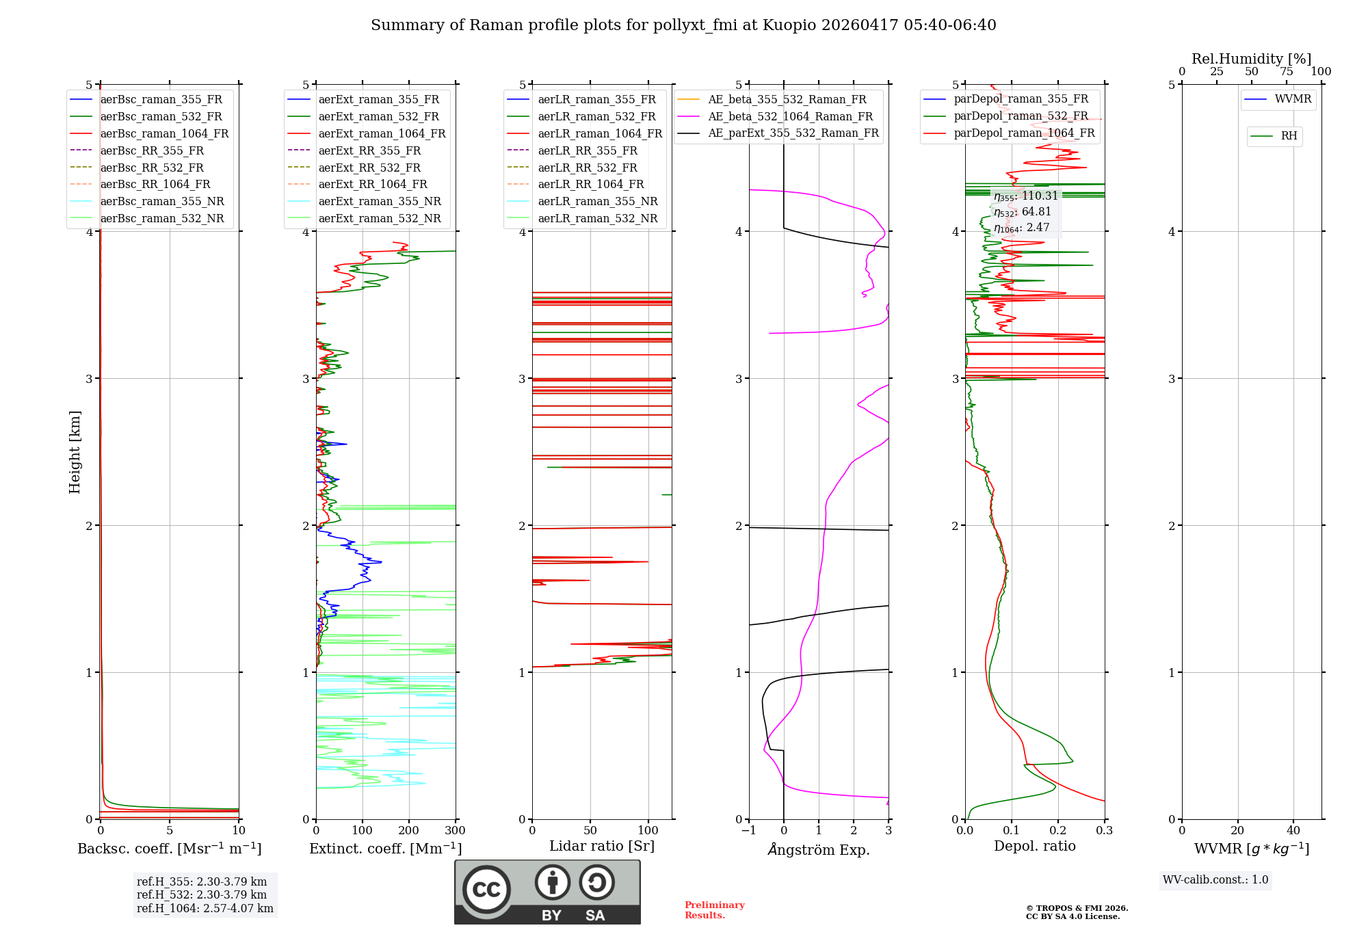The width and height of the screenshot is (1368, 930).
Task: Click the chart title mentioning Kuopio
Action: (683, 25)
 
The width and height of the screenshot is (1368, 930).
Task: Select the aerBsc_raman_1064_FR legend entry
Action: (164, 133)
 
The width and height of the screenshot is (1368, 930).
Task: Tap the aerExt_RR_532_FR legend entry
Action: (369, 168)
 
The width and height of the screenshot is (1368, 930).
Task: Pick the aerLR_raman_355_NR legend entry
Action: (597, 201)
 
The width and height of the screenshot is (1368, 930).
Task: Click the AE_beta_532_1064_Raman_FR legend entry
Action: (790, 116)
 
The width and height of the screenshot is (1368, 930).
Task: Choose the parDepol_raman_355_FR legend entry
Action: (1021, 99)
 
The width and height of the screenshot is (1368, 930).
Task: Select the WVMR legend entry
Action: (1293, 99)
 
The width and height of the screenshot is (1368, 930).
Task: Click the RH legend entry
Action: (1289, 136)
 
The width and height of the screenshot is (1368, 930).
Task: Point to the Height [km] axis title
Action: (75, 451)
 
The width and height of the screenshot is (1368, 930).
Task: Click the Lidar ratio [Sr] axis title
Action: (602, 846)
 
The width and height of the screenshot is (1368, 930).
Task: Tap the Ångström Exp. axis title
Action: (819, 849)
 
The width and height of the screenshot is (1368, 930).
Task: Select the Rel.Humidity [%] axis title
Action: (1251, 59)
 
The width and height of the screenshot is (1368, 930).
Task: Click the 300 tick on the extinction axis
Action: (455, 830)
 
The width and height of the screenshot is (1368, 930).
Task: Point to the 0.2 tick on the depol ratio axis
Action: (1058, 830)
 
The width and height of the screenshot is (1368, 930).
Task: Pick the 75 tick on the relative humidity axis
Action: (1286, 72)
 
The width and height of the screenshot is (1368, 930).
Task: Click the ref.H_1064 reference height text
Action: (205, 908)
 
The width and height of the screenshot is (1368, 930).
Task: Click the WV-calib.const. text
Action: (1215, 880)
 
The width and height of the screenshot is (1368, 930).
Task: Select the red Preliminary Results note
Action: (714, 910)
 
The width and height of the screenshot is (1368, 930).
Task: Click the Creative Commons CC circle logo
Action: (486, 889)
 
